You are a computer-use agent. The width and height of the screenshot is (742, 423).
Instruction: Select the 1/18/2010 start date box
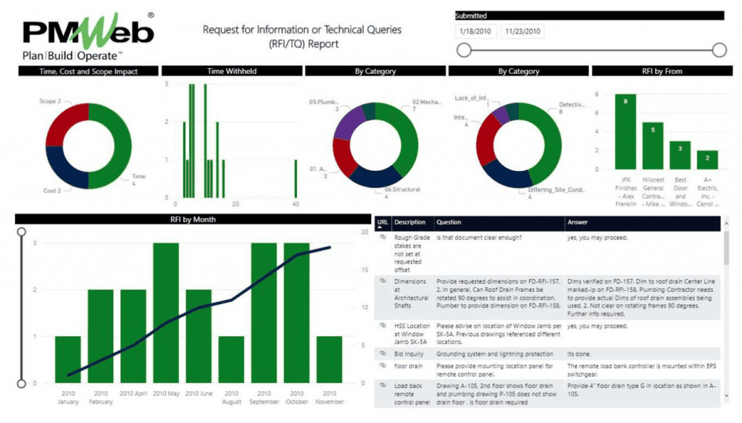point(475,31)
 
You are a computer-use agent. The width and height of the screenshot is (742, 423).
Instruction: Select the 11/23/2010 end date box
point(522,31)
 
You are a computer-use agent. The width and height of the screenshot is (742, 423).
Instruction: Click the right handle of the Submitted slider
point(719,49)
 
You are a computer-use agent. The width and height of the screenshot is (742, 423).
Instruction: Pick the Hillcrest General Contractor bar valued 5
point(653,146)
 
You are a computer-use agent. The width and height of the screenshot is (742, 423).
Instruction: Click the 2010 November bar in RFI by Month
point(330,359)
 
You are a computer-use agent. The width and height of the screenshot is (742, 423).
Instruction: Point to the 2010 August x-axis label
point(231,396)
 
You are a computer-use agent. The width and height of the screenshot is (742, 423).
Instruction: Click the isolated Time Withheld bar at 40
point(296,178)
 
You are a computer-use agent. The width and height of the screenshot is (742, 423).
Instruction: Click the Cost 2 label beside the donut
point(50,191)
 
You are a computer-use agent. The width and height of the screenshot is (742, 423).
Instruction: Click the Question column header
point(449,222)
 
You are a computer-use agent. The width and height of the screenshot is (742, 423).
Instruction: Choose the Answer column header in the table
point(578,222)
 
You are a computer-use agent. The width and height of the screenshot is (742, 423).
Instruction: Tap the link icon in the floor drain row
point(383,366)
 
